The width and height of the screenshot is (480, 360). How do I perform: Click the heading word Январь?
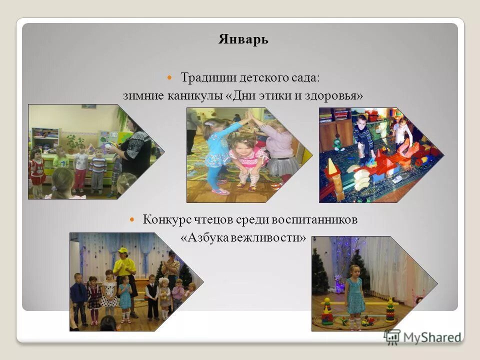[243, 40]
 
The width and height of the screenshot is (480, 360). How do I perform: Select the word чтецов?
[210, 219]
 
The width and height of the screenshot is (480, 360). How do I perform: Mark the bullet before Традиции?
[169, 78]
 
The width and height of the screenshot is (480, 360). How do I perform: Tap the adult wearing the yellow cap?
[123, 270]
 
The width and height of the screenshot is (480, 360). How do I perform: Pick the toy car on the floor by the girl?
[368, 321]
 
